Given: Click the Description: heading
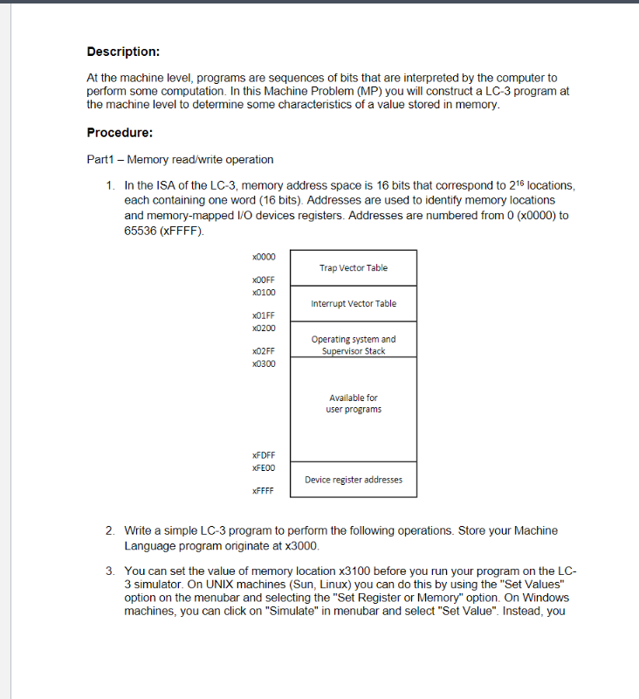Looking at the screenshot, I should tap(123, 52).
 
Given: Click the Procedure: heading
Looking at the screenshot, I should tap(120, 133).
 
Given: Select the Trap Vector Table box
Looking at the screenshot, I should tap(354, 268).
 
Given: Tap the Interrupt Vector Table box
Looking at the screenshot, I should tap(354, 304).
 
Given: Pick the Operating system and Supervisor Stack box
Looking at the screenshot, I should tap(354, 345).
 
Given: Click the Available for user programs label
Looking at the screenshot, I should tap(354, 404).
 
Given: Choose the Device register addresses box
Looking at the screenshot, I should tap(354, 480).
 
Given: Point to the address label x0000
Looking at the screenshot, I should tap(263, 257).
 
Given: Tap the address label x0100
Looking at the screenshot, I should tap(263, 292).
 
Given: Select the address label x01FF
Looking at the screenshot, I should tap(263, 315).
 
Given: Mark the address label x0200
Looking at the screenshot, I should tap(263, 328).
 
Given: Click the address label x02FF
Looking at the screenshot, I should tap(263, 351).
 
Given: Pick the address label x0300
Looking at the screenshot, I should tap(263, 363).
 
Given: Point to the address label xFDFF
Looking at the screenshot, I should tap(263, 455).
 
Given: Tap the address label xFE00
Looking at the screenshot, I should tap(263, 467).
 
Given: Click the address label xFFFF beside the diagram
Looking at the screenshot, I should tap(263, 491).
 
